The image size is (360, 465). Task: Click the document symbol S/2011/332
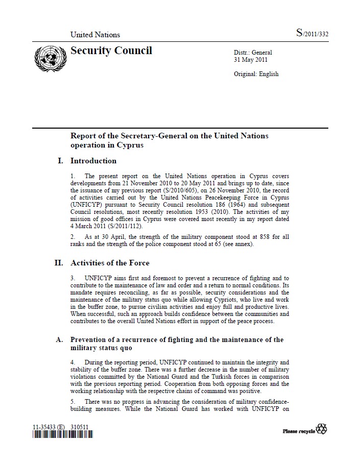[x=312, y=34]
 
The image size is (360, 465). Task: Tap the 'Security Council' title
[x=111, y=51]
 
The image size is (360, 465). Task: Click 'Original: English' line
[x=256, y=74]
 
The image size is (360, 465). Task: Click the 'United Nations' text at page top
[x=95, y=35]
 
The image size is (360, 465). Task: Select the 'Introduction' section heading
[x=93, y=161]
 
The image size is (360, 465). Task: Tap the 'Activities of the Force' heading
[x=110, y=263]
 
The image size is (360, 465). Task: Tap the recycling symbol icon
[x=322, y=429]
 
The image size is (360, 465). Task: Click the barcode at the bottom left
[x=62, y=434]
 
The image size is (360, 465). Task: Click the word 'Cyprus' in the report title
[x=128, y=145]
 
